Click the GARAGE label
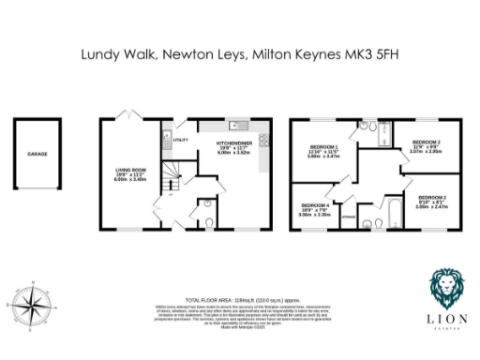click(37, 153)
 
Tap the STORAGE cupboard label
click(349, 217)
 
